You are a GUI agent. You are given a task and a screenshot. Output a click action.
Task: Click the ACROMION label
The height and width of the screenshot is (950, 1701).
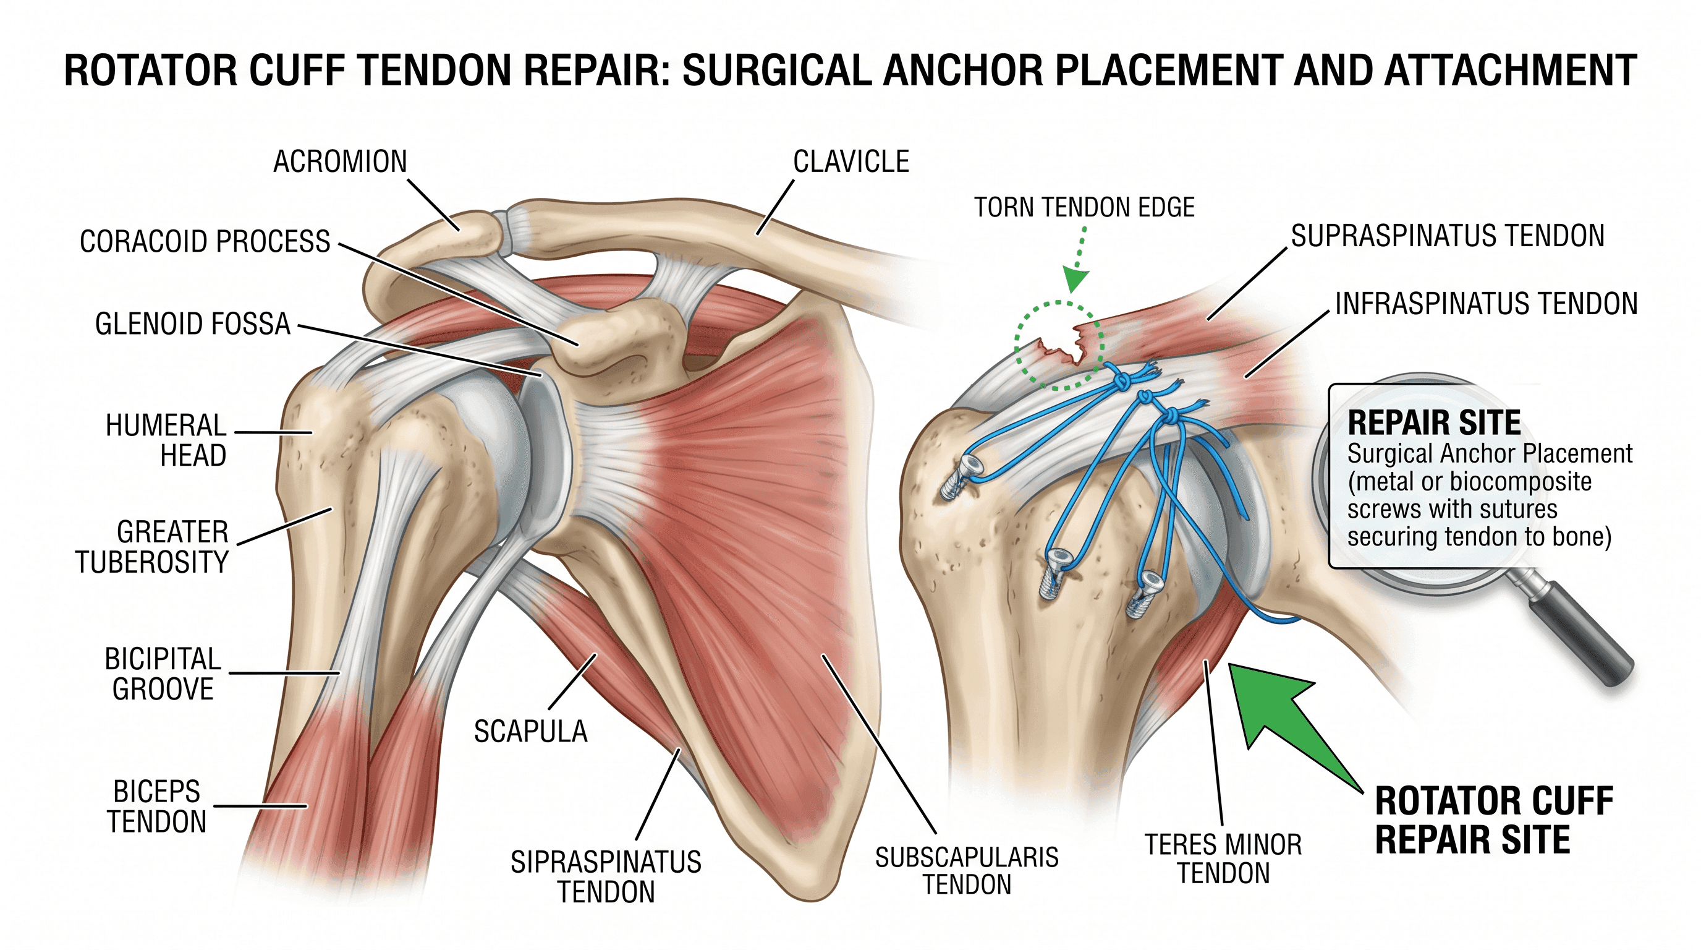(x=340, y=162)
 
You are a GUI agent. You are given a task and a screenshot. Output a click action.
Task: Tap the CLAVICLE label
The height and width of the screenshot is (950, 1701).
(x=851, y=162)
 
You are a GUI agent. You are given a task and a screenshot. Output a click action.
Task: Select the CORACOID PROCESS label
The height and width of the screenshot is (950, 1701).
(x=205, y=242)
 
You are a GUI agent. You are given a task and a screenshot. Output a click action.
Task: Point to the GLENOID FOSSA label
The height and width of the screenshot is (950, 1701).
(x=193, y=324)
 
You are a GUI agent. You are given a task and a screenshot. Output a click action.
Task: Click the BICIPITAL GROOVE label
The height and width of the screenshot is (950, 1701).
(x=163, y=674)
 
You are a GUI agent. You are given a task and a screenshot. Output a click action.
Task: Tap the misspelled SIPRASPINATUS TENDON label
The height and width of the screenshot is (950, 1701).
(x=606, y=878)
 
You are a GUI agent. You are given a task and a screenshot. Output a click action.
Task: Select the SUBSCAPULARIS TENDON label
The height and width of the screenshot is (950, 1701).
(x=967, y=871)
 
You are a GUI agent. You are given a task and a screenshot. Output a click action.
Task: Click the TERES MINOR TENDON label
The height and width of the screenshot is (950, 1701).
(x=1224, y=859)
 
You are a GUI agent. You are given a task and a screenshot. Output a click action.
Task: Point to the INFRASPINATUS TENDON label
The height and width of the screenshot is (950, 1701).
(x=1487, y=304)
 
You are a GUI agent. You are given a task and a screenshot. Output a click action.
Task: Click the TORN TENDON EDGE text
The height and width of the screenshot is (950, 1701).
(x=1084, y=207)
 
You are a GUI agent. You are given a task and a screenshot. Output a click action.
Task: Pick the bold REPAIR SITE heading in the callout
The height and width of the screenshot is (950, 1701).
(x=1434, y=423)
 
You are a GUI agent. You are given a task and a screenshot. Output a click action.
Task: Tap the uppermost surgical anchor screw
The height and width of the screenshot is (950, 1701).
(x=961, y=477)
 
